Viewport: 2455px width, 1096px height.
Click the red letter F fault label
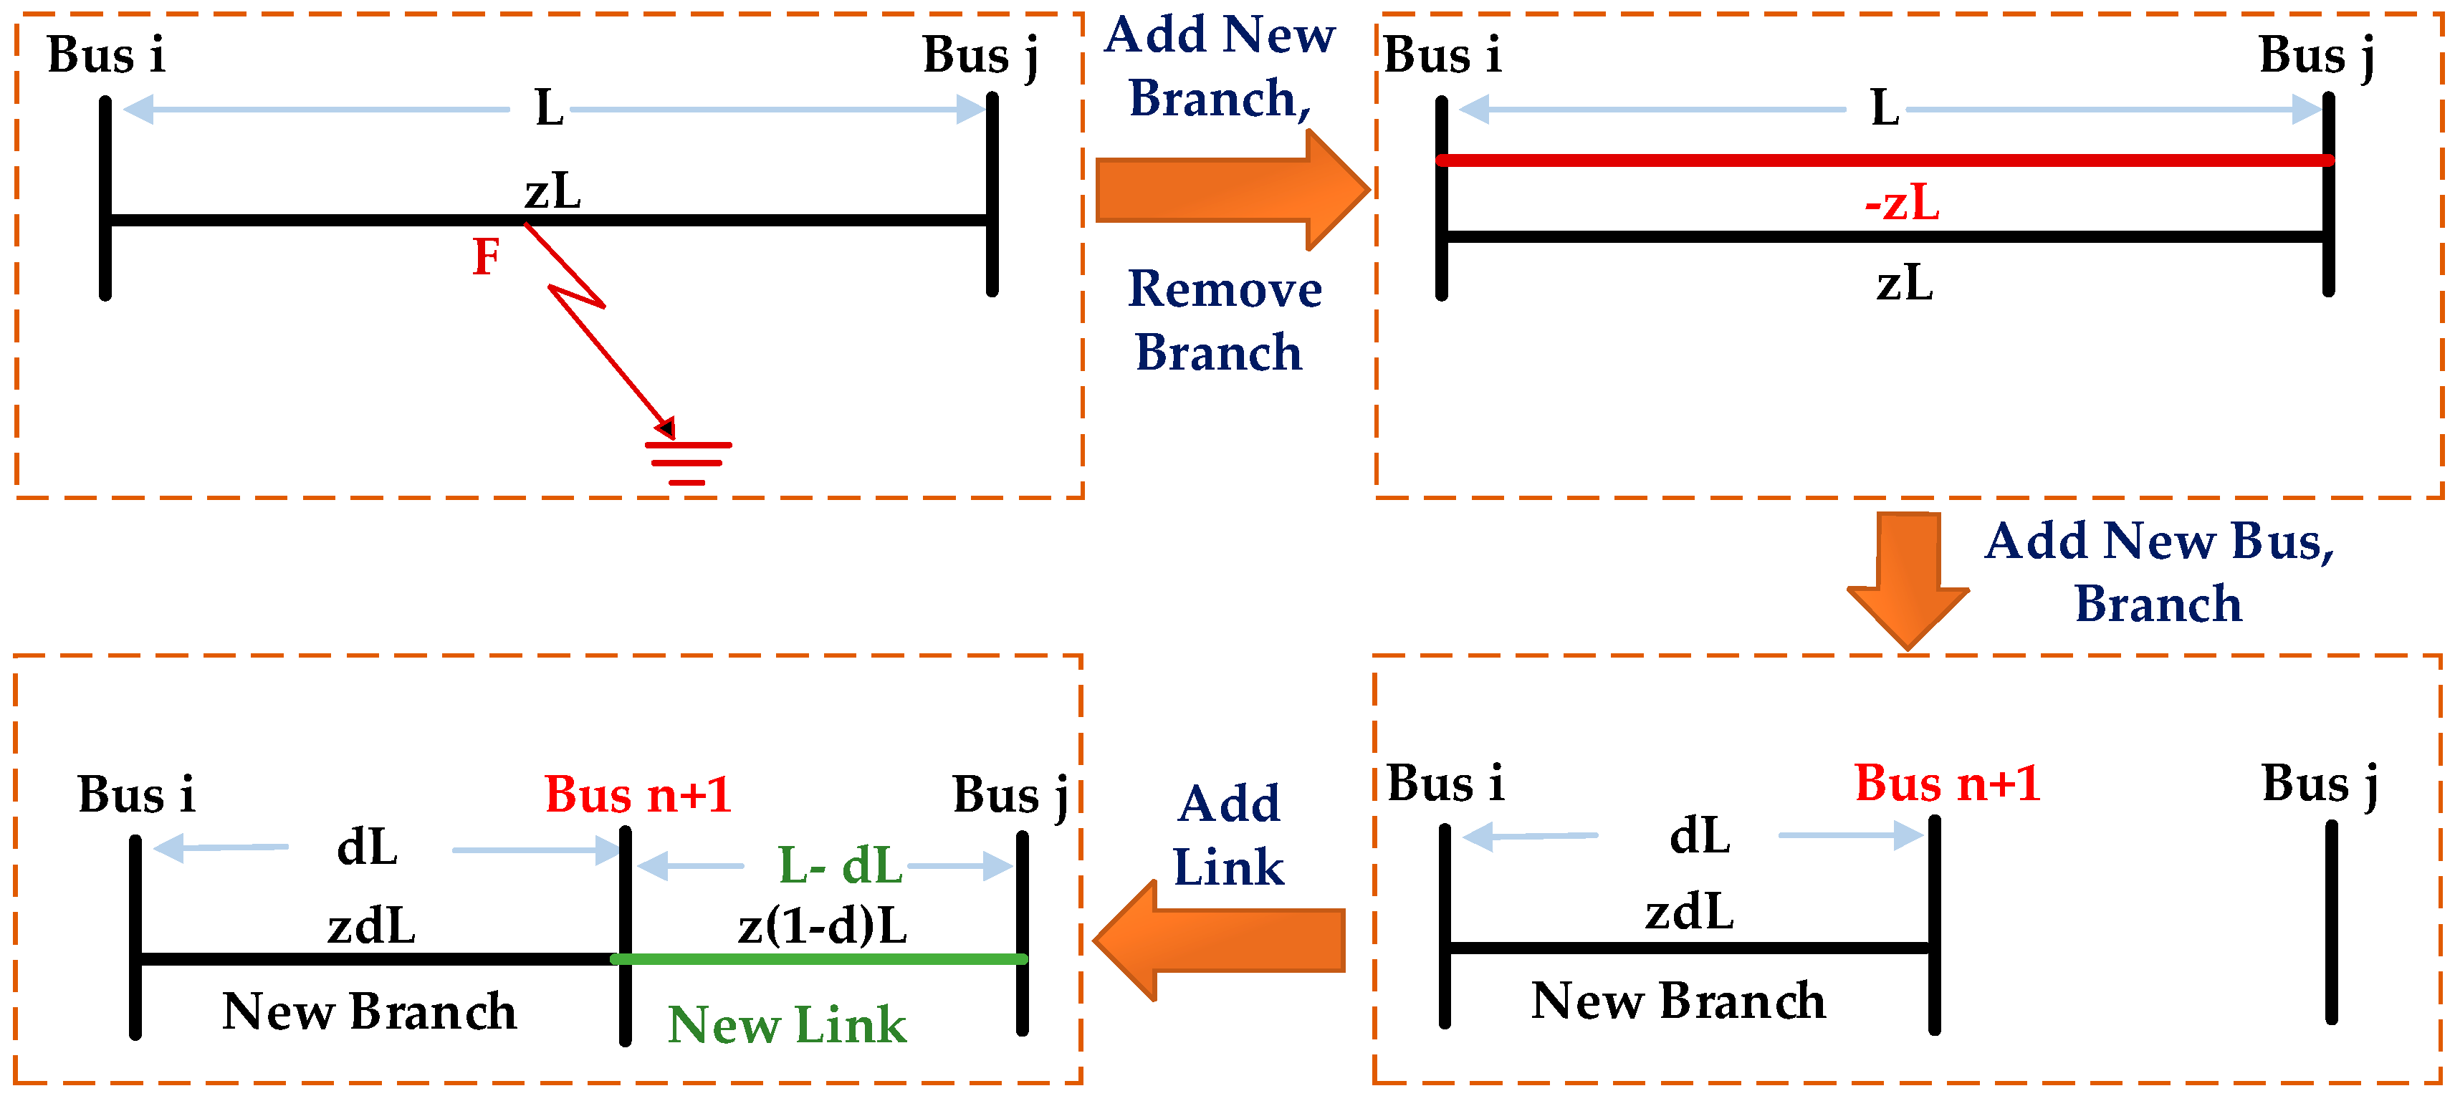(x=486, y=257)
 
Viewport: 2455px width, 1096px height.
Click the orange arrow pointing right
(x=1230, y=191)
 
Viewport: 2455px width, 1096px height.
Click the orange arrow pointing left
(x=1220, y=940)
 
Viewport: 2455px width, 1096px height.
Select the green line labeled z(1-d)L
(x=820, y=958)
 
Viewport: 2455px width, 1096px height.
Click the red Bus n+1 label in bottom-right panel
(x=1947, y=784)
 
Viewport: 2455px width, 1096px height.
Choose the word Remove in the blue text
(x=1225, y=289)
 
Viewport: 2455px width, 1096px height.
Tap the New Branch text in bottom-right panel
(x=1678, y=1001)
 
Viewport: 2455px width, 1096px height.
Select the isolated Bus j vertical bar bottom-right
(x=2331, y=923)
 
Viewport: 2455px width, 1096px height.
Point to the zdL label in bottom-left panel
(x=372, y=926)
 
